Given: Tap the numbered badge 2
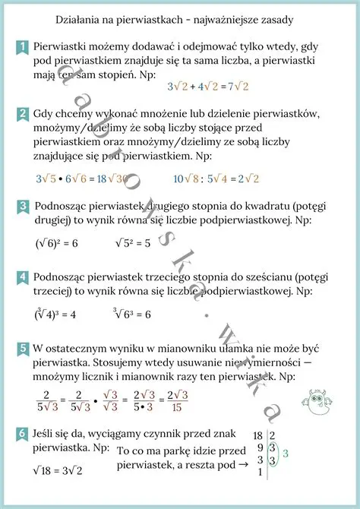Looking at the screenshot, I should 23,115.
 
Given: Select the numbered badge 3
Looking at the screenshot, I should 23,207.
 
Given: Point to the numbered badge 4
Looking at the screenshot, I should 23,277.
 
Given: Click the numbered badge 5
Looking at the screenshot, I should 23,348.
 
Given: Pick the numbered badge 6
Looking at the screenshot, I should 23,434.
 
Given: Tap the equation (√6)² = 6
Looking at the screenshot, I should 56,244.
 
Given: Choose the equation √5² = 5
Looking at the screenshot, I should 132,244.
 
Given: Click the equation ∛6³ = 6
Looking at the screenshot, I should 132,314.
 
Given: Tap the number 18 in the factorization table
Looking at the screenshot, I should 258,435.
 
